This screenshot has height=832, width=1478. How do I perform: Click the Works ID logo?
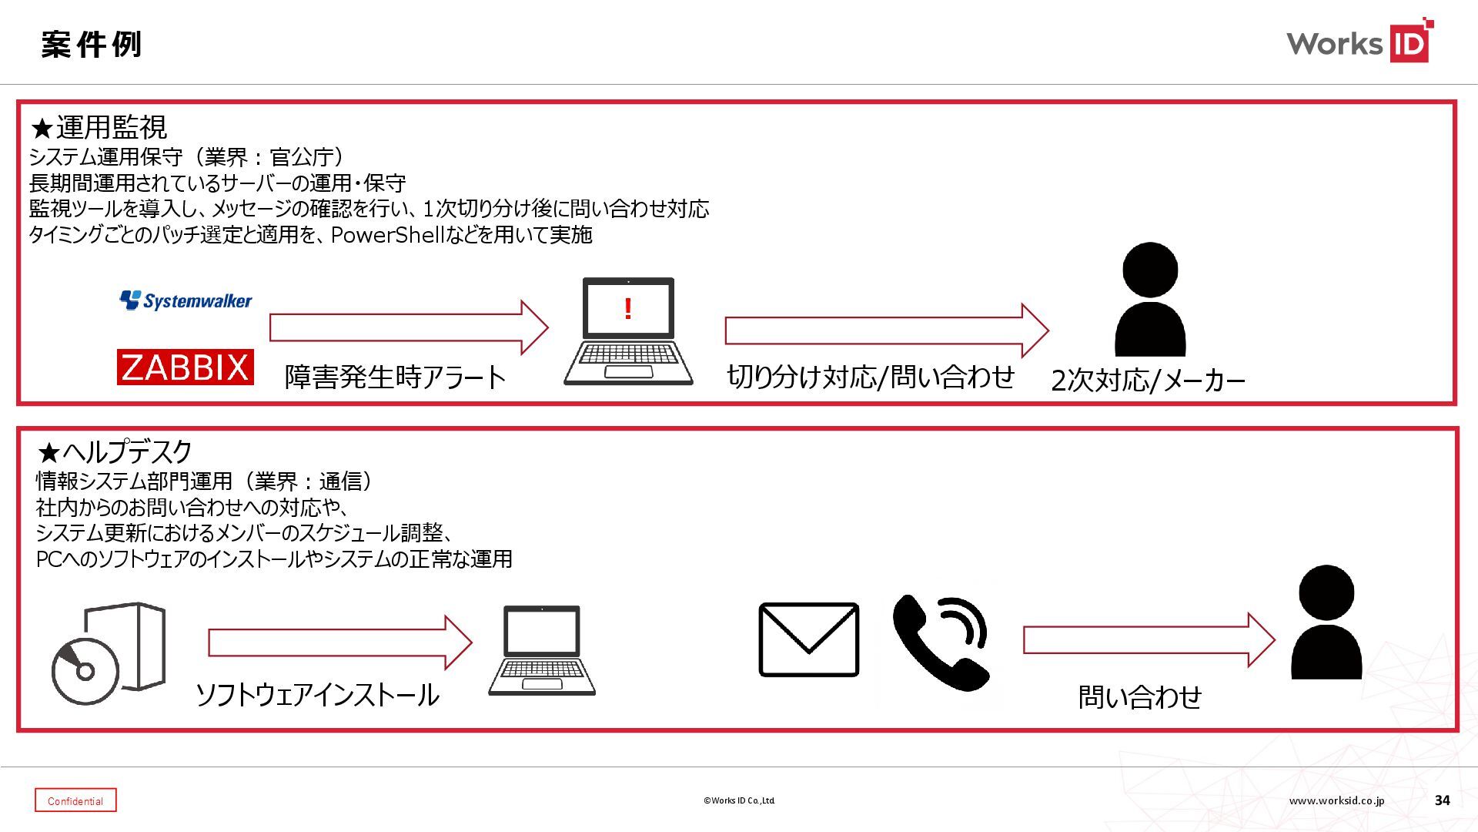point(1359,42)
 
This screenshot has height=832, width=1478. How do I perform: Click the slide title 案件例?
point(92,45)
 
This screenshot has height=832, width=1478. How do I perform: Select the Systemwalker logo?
point(186,300)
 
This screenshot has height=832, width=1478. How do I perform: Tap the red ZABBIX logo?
point(185,367)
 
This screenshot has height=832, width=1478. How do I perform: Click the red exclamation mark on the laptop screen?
point(628,310)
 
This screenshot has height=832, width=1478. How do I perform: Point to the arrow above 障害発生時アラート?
point(408,327)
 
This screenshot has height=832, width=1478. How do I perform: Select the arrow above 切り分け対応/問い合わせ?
point(885,330)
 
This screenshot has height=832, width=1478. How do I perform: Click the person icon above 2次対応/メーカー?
point(1150,300)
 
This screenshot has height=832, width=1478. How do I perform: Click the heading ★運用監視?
point(99,127)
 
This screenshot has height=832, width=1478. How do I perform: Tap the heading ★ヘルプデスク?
point(115,451)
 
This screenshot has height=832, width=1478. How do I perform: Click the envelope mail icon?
point(808,639)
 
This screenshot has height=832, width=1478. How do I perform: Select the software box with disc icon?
point(109,653)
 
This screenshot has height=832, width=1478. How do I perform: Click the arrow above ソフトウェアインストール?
point(339,642)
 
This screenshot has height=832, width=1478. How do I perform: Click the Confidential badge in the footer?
point(75,800)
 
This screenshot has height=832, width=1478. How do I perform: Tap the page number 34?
point(1442,800)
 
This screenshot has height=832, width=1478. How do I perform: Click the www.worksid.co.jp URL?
point(1336,800)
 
